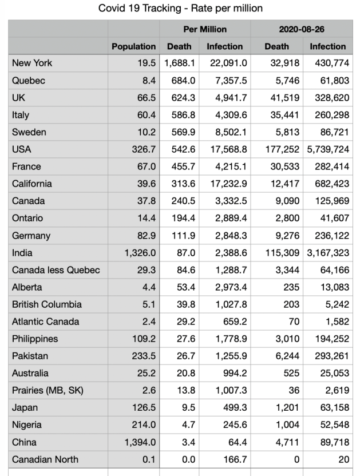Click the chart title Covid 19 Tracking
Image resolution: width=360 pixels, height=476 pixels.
[180, 8]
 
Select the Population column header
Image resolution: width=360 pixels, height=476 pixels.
[133, 46]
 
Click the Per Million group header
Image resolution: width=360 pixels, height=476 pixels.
[205, 29]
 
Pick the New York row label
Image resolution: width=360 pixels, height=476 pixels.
[32, 64]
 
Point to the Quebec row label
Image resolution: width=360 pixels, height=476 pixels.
[29, 81]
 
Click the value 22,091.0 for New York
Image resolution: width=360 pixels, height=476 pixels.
[228, 64]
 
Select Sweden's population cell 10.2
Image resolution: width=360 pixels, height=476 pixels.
[146, 132]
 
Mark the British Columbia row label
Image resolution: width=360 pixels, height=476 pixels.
[47, 304]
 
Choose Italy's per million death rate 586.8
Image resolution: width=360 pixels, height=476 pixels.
[184, 115]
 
